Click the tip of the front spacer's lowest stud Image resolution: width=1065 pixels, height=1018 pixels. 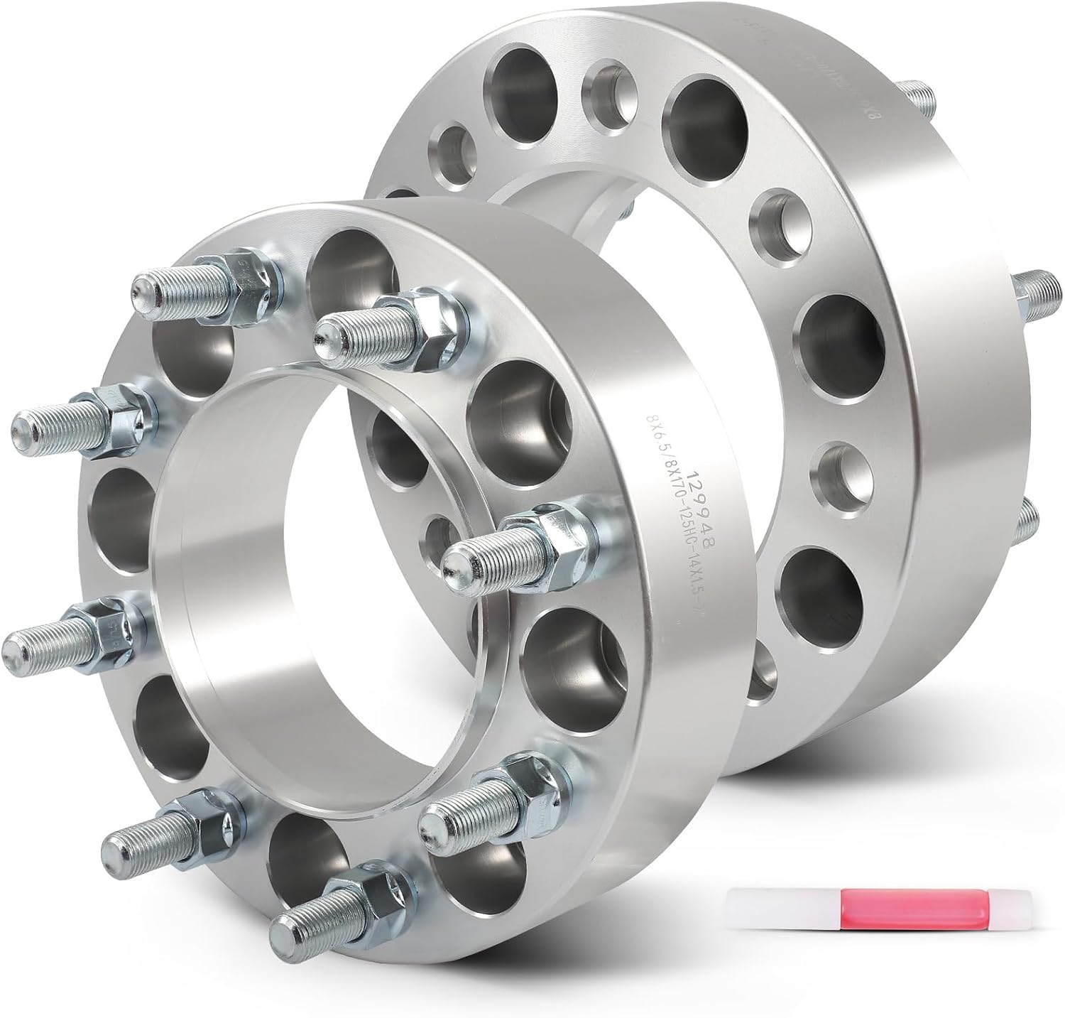tap(284, 926)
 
